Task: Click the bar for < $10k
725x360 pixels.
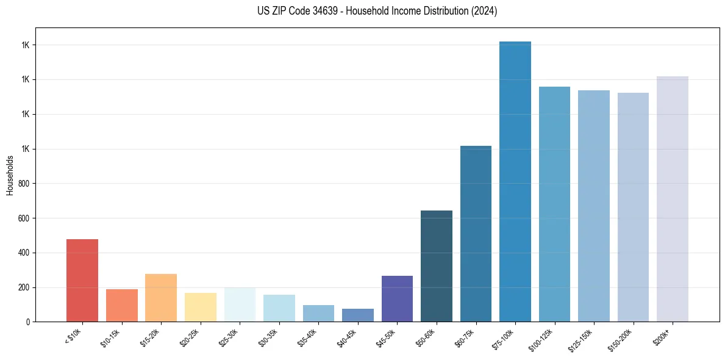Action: (82, 280)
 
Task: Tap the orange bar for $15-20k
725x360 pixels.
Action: (161, 298)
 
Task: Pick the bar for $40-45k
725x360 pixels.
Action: (358, 315)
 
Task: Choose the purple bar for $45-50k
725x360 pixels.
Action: (397, 298)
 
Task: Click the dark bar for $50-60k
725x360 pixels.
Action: (437, 266)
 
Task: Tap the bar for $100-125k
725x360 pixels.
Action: (554, 204)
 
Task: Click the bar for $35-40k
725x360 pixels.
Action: (318, 313)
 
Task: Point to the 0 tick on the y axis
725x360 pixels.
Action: (28, 322)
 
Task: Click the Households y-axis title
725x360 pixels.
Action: (10, 175)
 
